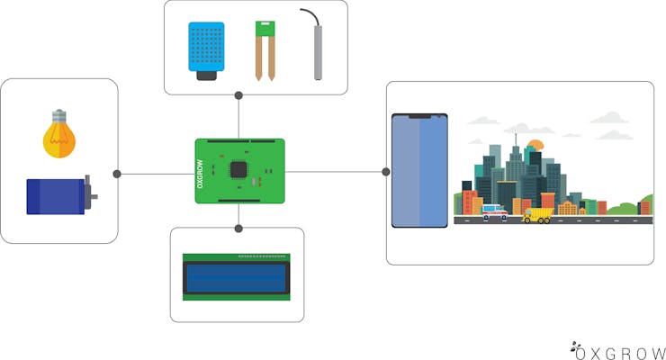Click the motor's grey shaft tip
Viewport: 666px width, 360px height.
click(x=94, y=196)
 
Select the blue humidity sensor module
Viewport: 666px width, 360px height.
click(x=206, y=51)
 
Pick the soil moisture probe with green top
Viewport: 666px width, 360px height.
click(x=265, y=51)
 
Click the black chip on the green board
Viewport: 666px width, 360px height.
click(x=238, y=169)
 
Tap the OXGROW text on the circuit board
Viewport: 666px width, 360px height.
click(x=200, y=174)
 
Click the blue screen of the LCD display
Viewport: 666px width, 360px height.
click(x=236, y=278)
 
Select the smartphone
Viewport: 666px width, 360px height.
click(x=419, y=171)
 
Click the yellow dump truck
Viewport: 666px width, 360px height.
click(x=537, y=215)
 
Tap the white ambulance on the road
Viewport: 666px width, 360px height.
click(x=495, y=211)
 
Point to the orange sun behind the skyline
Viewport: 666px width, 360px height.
click(x=535, y=145)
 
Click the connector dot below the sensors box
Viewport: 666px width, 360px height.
click(x=238, y=95)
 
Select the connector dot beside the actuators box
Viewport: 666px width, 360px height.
click(x=117, y=174)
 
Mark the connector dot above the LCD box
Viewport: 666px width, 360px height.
click(x=238, y=229)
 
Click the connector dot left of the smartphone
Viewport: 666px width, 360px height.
click(x=386, y=172)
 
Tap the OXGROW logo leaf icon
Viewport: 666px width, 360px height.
click(x=575, y=346)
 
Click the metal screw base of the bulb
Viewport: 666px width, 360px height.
click(x=59, y=115)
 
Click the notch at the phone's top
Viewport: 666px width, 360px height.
click(x=419, y=116)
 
